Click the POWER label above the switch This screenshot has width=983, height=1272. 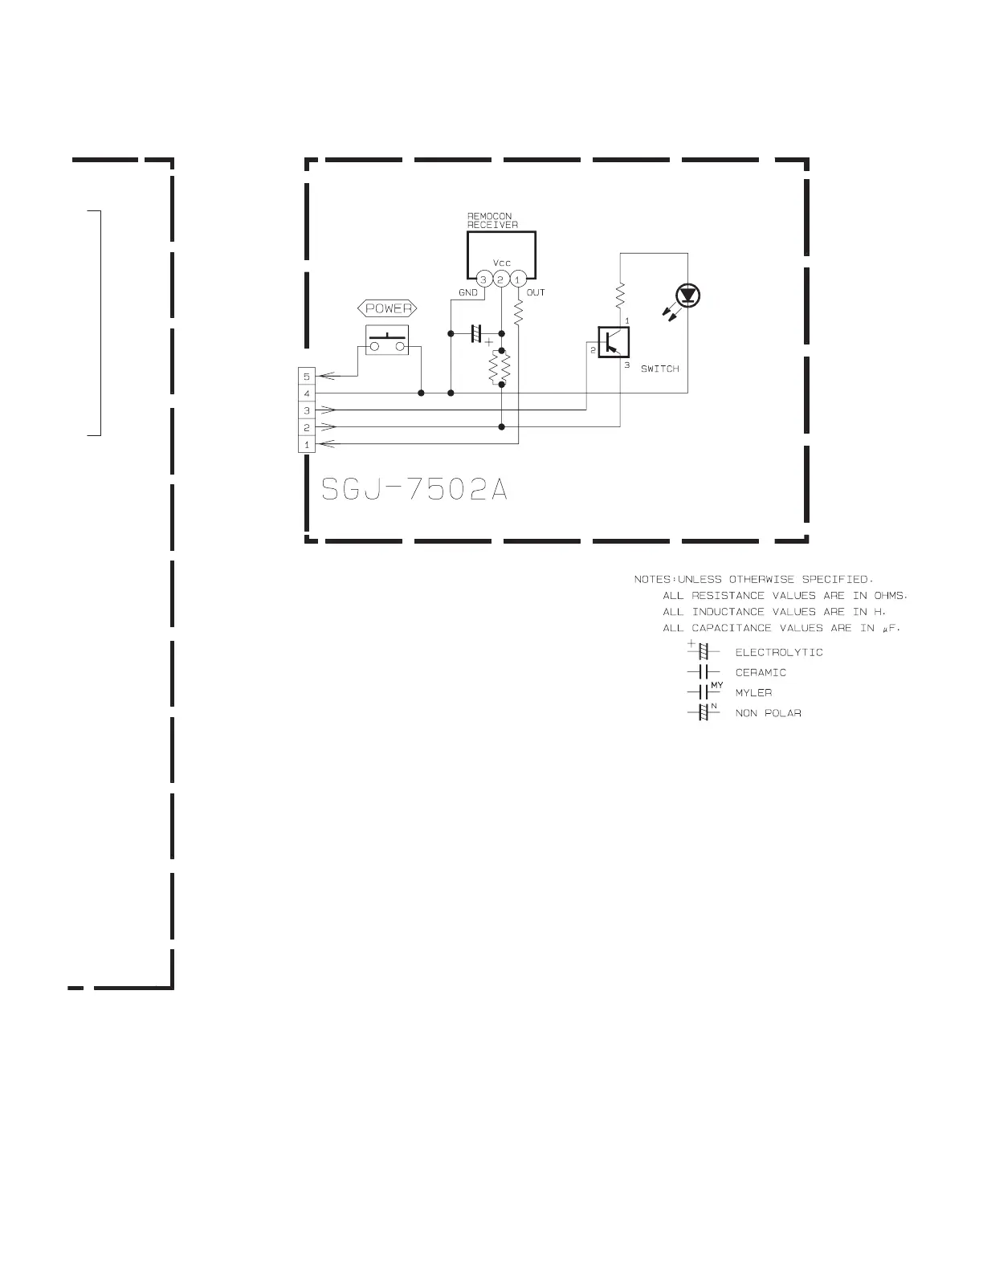[387, 308]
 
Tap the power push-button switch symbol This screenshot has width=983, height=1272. [387, 340]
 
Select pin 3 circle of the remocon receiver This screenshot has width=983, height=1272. [483, 279]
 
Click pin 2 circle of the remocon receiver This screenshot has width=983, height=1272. [500, 279]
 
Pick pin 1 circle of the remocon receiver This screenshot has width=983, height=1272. [517, 279]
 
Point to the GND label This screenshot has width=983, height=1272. [467, 292]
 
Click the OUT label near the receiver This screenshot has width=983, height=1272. [536, 292]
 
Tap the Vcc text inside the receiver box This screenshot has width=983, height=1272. [502, 263]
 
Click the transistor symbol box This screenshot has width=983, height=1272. [614, 342]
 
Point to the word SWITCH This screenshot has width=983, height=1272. [660, 369]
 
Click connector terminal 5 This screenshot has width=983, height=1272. [307, 377]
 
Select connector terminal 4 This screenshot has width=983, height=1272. [307, 393]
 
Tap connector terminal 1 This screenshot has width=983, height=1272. [307, 444]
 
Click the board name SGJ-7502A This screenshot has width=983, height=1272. [414, 489]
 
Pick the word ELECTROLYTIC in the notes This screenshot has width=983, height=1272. [779, 653]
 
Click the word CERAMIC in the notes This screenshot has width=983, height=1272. [761, 673]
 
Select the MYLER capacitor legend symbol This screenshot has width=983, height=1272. [705, 691]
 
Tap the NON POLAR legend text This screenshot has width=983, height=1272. [768, 714]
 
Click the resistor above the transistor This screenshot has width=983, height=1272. [620, 296]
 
